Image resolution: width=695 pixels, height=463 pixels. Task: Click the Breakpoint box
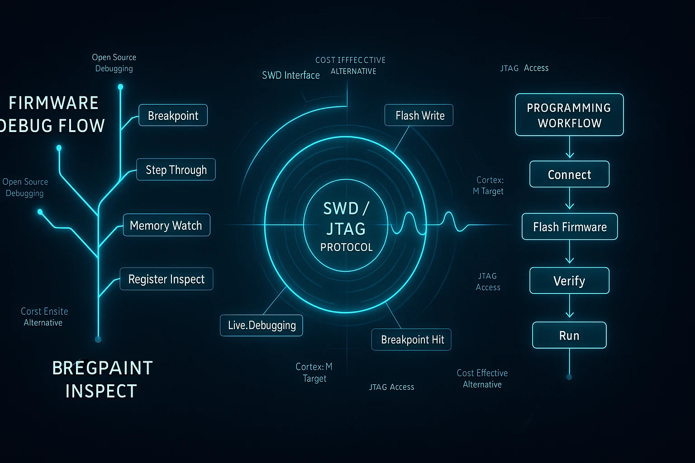pos(173,115)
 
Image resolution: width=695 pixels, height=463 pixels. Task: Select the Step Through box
pos(176,169)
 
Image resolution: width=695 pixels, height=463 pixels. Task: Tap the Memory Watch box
pos(167,225)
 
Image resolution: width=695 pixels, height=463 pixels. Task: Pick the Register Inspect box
pos(167,279)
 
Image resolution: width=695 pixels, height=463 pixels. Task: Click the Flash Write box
pos(419,115)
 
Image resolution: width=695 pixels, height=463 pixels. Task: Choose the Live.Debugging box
pos(262,325)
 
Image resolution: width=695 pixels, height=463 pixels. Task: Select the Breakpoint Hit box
pos(411,339)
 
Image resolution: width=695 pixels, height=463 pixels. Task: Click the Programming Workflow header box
pos(569,115)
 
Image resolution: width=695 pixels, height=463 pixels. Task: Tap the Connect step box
pos(569,174)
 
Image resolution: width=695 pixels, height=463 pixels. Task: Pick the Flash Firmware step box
pos(570,227)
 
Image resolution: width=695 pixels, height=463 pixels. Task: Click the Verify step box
pos(569,280)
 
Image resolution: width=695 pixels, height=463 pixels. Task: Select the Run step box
pos(569,335)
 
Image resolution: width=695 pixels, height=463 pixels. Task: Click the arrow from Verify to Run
pos(569,306)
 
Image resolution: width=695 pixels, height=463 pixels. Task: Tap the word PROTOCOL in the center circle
pos(346,247)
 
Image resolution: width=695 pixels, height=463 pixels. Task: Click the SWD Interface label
pos(291,75)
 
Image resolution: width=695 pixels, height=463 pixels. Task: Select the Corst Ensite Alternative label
pos(44,317)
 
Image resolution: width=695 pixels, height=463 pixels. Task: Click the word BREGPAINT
pos(102,368)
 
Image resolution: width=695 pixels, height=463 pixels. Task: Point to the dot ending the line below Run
pos(569,377)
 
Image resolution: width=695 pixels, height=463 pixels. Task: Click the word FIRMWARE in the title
pos(53,103)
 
